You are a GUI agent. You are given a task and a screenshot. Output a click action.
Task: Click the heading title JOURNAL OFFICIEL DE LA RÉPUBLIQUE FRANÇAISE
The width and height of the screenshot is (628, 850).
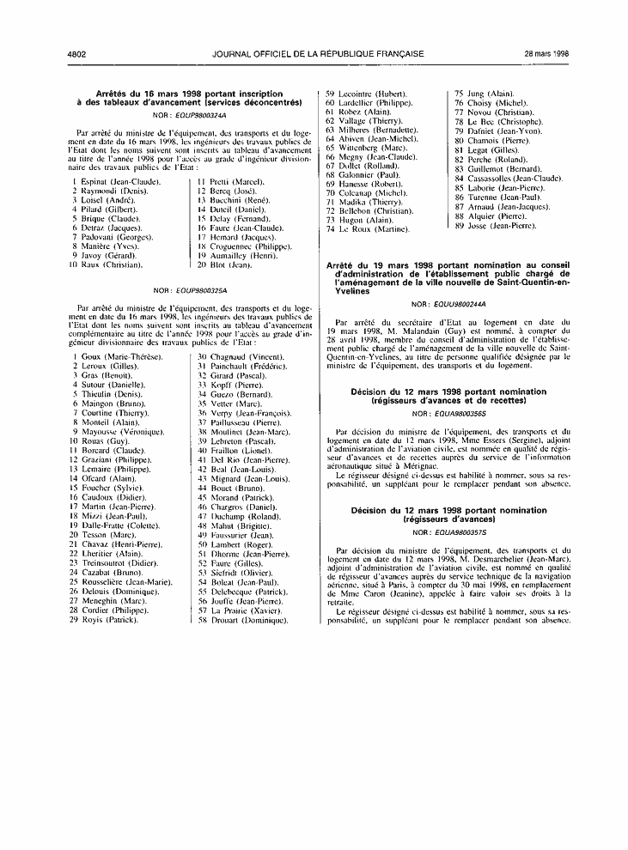click(x=318, y=53)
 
